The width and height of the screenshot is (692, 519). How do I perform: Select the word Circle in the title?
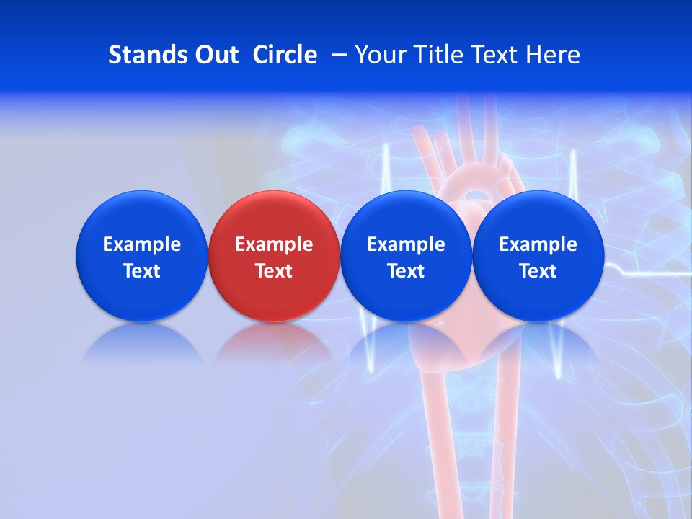pos(285,55)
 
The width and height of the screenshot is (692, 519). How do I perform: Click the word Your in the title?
pos(379,55)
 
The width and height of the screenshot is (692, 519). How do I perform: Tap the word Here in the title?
pos(551,55)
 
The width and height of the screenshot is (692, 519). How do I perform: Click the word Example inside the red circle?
pos(274,244)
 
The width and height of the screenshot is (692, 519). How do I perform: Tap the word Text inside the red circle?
pos(274,271)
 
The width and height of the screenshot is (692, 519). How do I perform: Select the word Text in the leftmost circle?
pos(142,271)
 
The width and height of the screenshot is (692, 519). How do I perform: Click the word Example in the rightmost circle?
pos(538,244)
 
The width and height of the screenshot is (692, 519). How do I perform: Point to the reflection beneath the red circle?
pos(274,342)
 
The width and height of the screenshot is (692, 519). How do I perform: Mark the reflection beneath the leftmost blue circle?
pos(142,343)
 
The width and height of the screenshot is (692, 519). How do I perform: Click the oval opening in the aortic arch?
pos(474,194)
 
